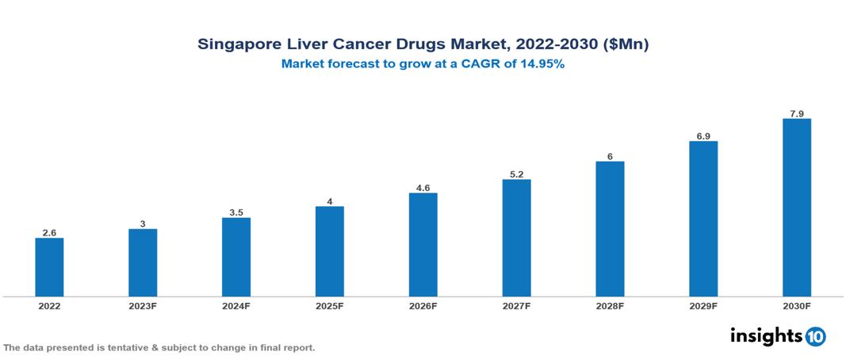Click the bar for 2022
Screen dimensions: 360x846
click(x=49, y=267)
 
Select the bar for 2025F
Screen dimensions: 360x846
click(x=329, y=251)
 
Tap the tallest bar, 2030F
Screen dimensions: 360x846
click(x=796, y=208)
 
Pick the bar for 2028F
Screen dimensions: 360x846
click(x=610, y=229)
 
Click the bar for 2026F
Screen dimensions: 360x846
click(x=423, y=245)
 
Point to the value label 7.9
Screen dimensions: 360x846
click(x=796, y=113)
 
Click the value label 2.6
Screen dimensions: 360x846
click(x=49, y=232)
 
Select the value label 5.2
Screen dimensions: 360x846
click(x=516, y=174)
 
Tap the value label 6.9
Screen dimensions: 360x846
click(x=703, y=136)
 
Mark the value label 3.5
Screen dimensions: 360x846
click(x=236, y=212)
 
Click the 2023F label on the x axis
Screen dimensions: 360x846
click(x=143, y=306)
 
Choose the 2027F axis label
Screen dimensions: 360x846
click(x=516, y=306)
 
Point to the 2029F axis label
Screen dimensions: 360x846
click(x=703, y=306)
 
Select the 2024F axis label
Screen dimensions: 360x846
click(x=236, y=306)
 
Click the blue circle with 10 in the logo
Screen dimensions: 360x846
click(x=816, y=337)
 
